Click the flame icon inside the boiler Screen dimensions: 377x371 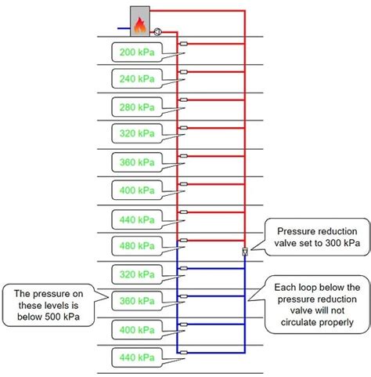pos(140,26)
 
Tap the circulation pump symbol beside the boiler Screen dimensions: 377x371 pos(157,32)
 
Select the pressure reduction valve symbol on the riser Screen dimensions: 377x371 pos(245,252)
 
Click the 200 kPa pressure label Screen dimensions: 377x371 pos(138,53)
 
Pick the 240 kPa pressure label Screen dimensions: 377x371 pos(138,79)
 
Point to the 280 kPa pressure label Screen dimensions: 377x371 pos(138,107)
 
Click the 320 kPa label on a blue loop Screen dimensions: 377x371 pos(138,274)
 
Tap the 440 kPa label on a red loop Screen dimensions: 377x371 pos(138,217)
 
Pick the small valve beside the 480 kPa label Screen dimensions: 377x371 pos(182,240)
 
